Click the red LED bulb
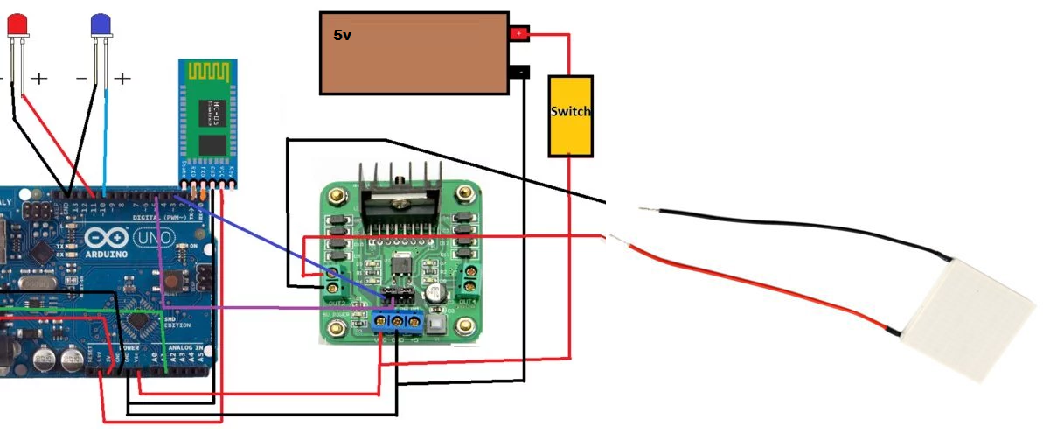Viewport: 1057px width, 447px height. (17, 24)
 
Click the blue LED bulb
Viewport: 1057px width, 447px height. (101, 24)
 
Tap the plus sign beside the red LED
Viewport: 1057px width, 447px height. (39, 79)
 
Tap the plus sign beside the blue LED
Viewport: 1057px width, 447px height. (122, 79)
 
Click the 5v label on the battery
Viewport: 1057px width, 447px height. (343, 37)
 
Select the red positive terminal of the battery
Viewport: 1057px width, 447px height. (519, 34)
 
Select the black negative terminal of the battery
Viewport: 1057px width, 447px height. (519, 71)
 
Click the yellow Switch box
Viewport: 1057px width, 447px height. (570, 115)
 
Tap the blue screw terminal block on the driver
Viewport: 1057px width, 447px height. (399, 323)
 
